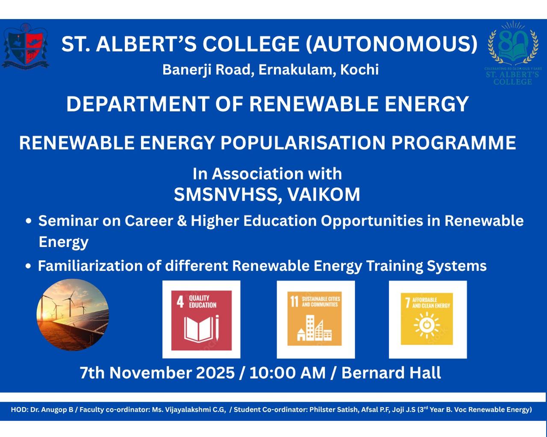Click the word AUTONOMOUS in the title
[391, 44]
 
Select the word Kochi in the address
[359, 69]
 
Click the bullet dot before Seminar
[29, 221]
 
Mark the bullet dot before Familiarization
[29, 266]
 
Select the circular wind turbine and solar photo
[73, 315]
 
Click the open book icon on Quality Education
[201, 328]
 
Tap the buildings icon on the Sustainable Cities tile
[315, 328]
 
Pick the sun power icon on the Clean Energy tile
[427, 325]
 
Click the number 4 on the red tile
[180, 302]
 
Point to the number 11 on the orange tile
[294, 301]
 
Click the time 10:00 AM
[288, 373]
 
